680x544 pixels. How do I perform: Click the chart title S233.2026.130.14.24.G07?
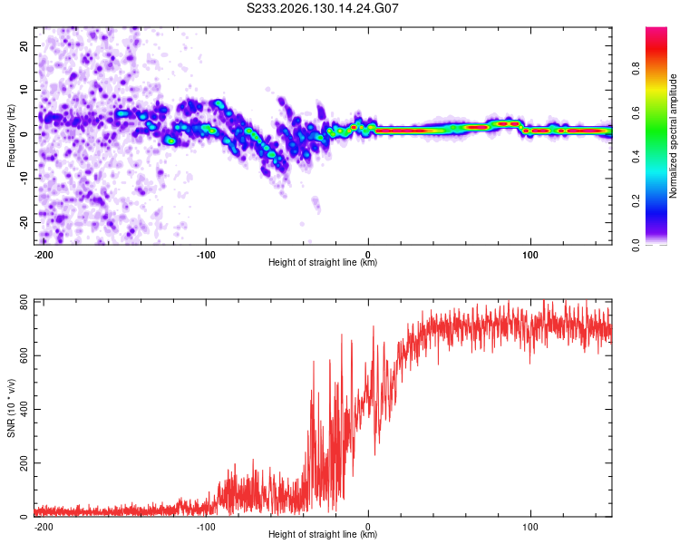(322, 8)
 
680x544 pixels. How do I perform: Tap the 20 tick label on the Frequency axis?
(24, 45)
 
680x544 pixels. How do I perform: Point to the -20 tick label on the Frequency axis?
(24, 222)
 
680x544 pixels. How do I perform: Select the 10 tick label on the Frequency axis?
(24, 90)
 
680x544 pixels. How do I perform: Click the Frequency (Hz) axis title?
(11, 136)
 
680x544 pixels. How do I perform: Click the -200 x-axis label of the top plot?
(44, 255)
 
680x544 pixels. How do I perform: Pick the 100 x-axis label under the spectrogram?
(530, 255)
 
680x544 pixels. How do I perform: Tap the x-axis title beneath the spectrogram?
(323, 262)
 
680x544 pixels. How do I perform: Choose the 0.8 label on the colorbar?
(636, 69)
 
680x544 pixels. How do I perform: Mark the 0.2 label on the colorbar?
(636, 201)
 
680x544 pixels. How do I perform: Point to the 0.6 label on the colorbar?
(636, 112)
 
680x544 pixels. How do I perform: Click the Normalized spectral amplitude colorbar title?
(673, 136)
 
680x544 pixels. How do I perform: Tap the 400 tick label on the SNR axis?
(24, 409)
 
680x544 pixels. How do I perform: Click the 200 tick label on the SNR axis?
(24, 463)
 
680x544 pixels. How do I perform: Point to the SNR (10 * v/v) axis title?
(11, 408)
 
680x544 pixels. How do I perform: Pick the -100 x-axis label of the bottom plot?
(206, 527)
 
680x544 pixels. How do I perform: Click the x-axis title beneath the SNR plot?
(323, 534)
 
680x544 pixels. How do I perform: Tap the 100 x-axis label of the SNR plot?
(530, 527)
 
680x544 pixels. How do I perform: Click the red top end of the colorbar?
(656, 29)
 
